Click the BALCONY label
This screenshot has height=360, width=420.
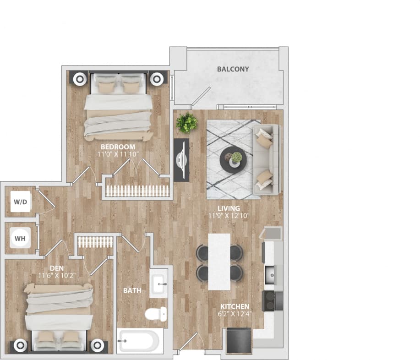(x=233, y=69)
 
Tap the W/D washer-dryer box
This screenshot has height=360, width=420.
(x=20, y=202)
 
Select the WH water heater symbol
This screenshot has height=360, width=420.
(x=20, y=238)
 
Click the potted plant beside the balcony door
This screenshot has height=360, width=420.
(x=187, y=122)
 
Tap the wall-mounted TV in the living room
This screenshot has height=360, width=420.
(x=181, y=159)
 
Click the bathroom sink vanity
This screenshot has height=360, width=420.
(x=158, y=283)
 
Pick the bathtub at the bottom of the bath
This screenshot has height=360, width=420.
(x=138, y=341)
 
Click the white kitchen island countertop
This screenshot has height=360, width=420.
(x=219, y=262)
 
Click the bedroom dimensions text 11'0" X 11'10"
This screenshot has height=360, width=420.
(x=118, y=154)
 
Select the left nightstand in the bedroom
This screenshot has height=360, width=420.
(x=79, y=78)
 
